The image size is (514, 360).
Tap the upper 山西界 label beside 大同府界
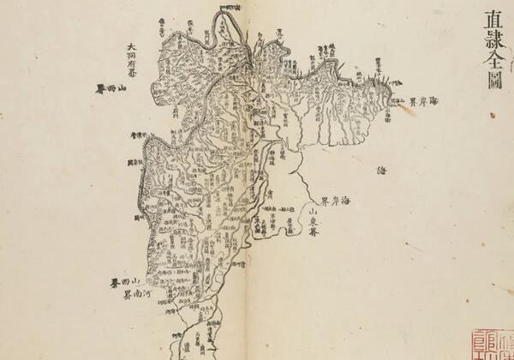click(115, 88)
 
